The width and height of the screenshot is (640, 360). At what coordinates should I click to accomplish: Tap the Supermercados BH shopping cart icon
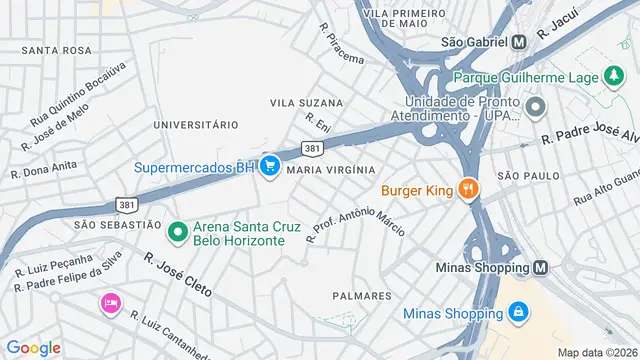pos(269,167)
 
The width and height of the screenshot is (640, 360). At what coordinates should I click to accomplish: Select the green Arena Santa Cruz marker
pos(178,233)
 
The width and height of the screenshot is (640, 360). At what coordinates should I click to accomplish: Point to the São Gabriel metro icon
pos(519,42)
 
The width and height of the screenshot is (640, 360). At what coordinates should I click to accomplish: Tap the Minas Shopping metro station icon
pos(541,268)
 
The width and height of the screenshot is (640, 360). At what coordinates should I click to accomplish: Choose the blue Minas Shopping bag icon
pos(516,313)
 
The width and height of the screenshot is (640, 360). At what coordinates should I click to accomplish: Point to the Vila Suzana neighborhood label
pos(306,103)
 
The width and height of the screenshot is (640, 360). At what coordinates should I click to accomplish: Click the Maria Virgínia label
pos(330,170)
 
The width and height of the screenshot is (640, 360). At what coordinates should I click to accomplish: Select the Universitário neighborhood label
pos(195,125)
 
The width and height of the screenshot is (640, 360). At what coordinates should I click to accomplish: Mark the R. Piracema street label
pos(340,45)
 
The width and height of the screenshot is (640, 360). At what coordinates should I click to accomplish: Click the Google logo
pos(33,347)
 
